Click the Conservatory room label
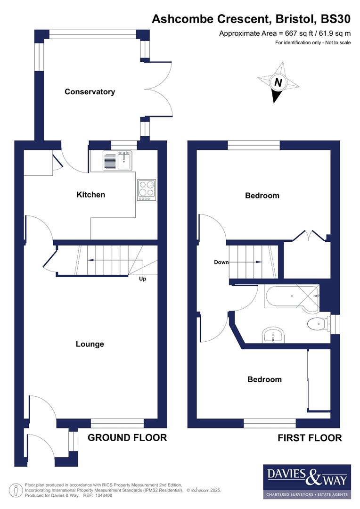[90, 92]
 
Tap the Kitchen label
[91, 194]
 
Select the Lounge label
[90, 344]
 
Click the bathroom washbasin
[273, 335]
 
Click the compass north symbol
[278, 82]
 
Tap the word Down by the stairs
[221, 263]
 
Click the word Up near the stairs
[143, 279]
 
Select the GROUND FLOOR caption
[127, 437]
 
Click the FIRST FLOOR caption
[310, 438]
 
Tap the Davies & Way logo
[307, 481]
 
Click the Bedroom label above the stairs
[262, 195]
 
